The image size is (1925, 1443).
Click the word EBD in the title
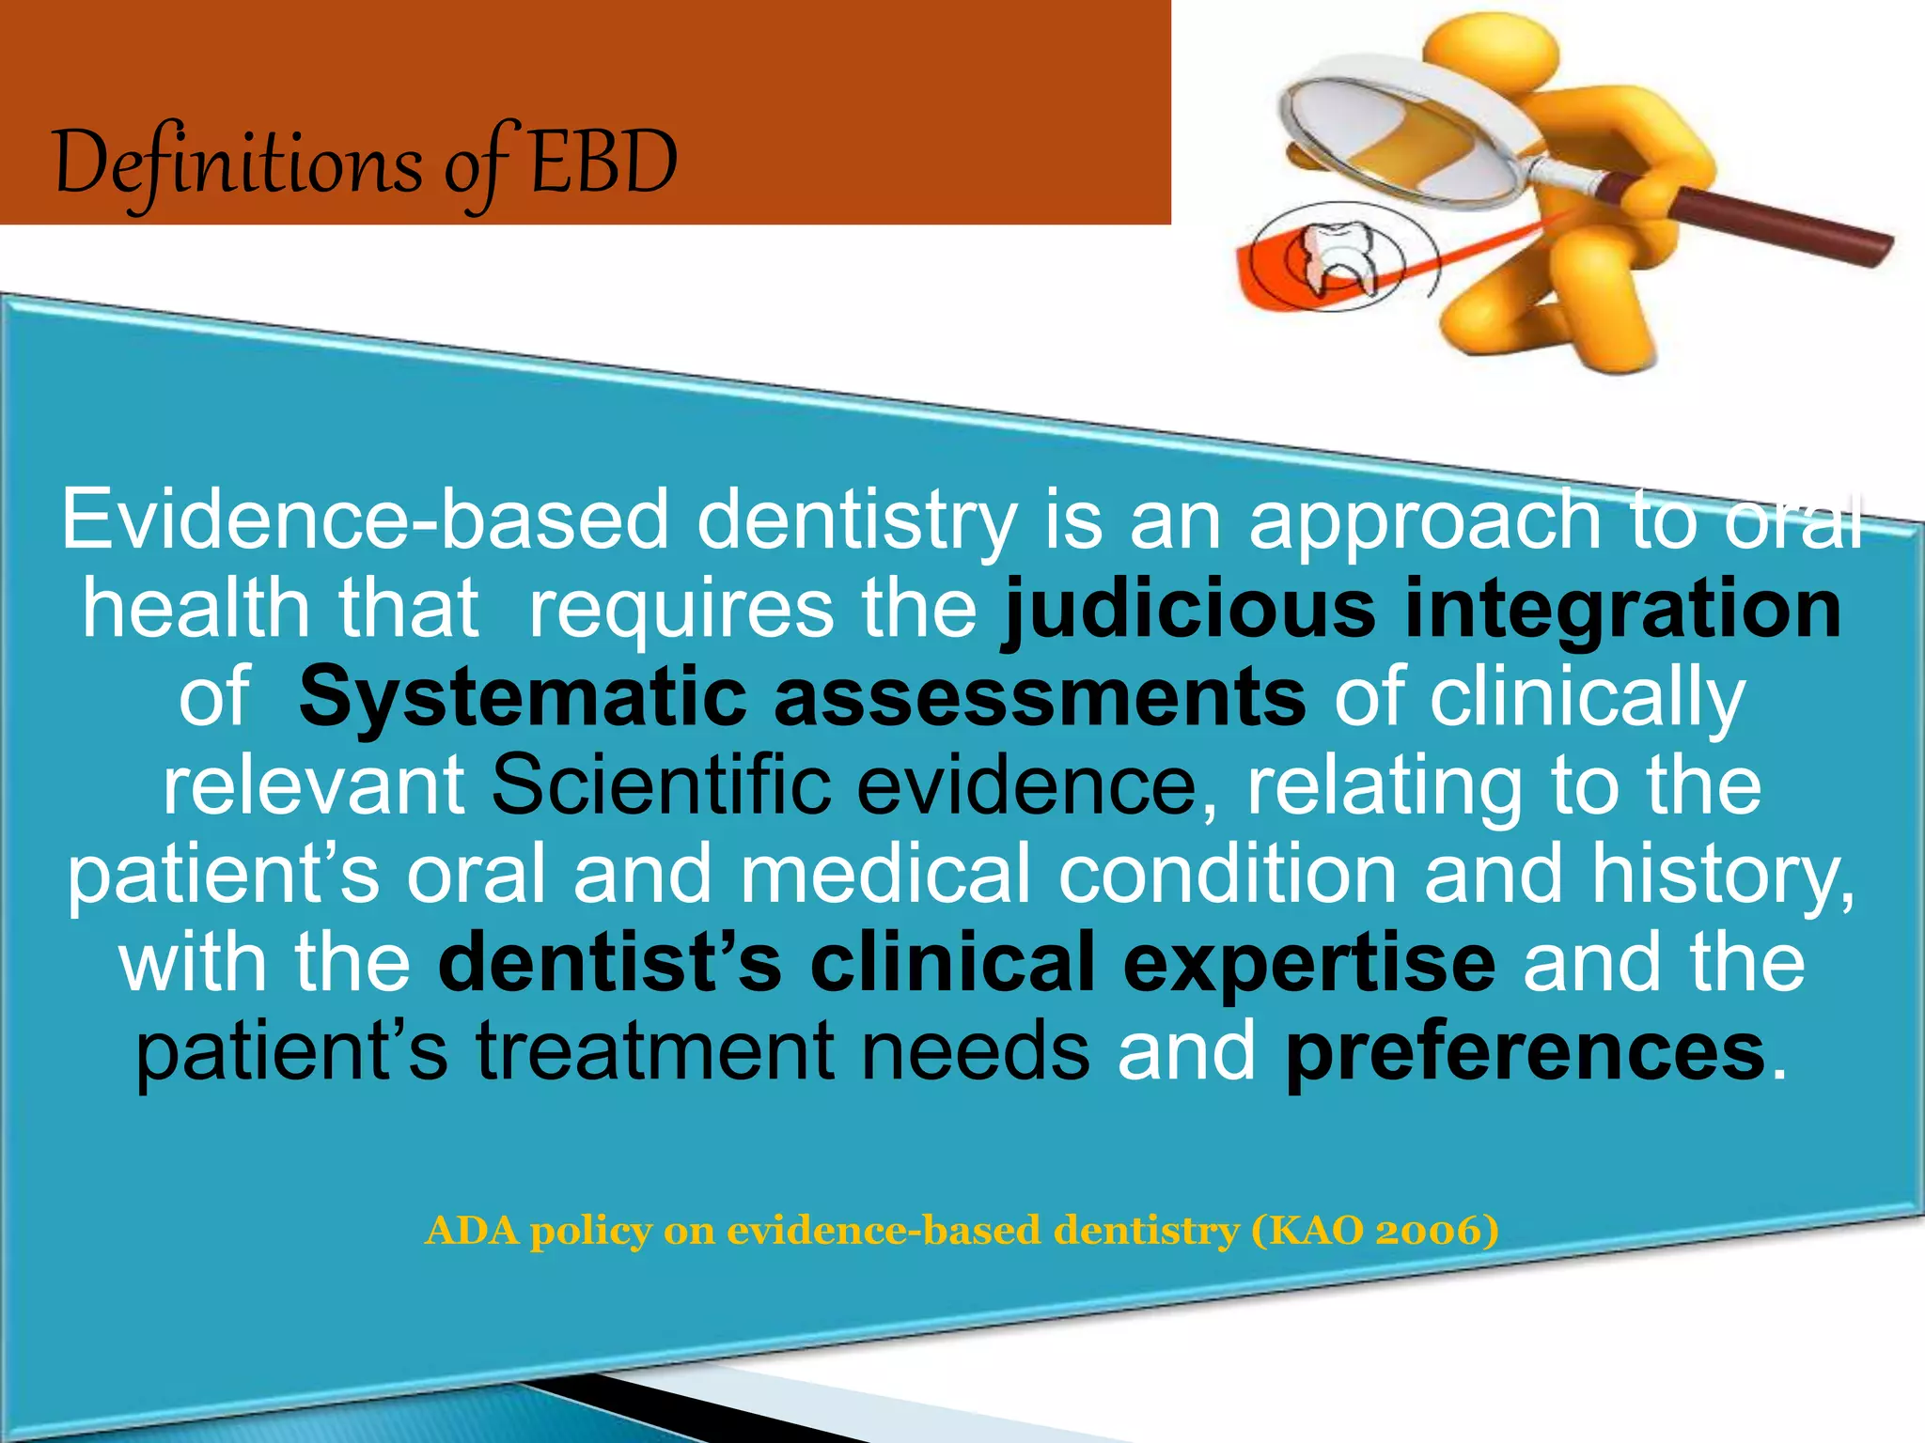click(603, 162)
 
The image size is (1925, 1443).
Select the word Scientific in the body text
click(662, 785)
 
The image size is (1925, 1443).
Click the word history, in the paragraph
click(1723, 874)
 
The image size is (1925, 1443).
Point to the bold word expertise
click(1308, 962)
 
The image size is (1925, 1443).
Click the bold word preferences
click(1525, 1050)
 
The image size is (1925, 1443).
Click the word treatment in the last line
click(655, 1050)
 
